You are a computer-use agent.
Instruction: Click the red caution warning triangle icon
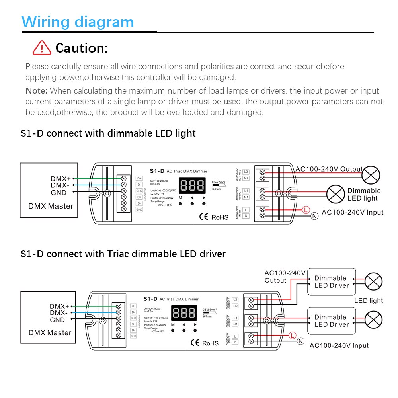pos(42,48)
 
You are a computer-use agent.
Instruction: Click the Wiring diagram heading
pos(78,21)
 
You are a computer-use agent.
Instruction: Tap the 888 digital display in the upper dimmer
pos(192,186)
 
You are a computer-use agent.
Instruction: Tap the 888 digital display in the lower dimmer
pos(184,313)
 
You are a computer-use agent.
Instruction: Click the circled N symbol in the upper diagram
pos(314,216)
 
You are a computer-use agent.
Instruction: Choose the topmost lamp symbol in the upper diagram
pos(371,175)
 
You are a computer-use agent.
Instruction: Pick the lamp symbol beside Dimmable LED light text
pos(336,194)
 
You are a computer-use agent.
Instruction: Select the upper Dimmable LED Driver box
pos(331,282)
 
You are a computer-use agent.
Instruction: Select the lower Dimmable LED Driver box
pos(331,321)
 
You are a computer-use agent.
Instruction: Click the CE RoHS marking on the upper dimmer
pos(214,217)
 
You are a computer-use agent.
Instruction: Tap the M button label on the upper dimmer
pos(180,198)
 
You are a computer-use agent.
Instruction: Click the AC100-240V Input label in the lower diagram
pos(339,345)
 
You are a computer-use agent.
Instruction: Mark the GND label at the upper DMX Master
pos(59,193)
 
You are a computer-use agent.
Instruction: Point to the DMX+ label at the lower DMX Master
pos(59,306)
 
